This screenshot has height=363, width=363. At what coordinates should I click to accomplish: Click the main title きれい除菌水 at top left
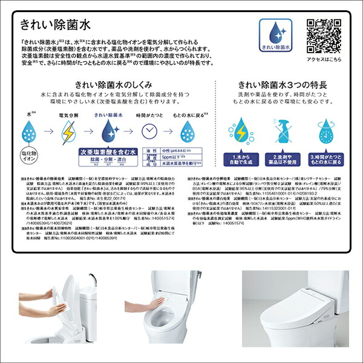(x=55, y=25)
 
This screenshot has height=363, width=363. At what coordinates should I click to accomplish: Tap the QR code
(x=323, y=34)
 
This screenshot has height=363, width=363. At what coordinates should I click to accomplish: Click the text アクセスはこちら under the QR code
(x=324, y=60)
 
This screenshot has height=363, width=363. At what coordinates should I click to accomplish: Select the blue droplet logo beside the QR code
(x=275, y=36)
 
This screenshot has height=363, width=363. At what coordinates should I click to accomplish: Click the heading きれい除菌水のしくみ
(x=112, y=85)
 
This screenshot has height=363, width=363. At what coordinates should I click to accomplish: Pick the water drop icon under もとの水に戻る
(x=189, y=131)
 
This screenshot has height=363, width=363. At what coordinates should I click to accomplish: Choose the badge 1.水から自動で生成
(x=237, y=159)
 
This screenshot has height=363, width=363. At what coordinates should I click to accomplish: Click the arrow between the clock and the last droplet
(x=168, y=131)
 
